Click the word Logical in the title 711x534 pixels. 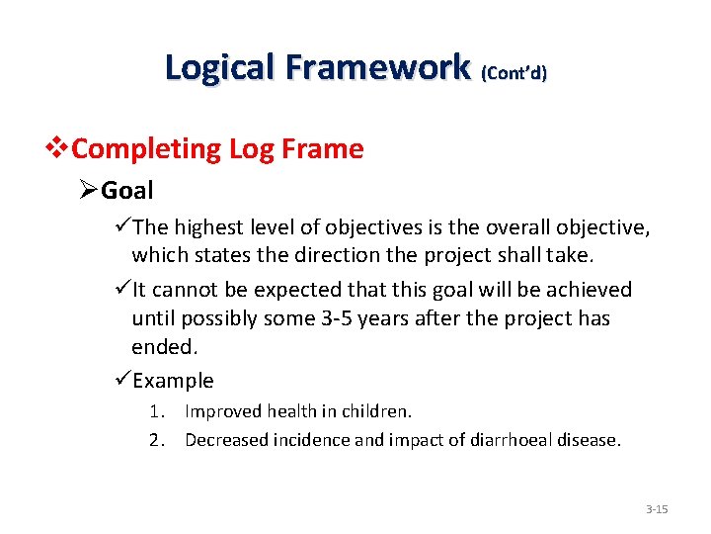218,66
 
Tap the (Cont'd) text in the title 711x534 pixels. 513,72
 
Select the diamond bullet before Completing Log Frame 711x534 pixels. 62,149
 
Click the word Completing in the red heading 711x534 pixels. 147,149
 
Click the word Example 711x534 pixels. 173,380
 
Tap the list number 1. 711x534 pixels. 156,410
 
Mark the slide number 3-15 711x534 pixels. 657,509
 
